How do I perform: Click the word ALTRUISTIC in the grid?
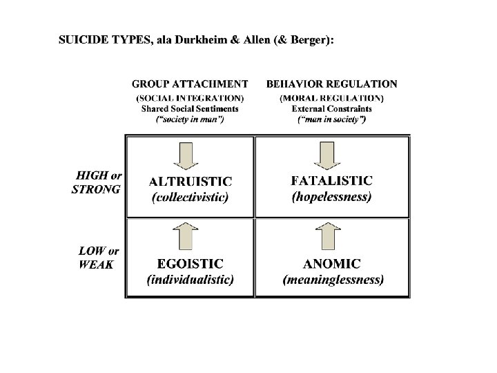191,182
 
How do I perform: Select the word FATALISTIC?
331,181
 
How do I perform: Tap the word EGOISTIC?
190,264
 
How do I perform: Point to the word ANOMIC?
331,264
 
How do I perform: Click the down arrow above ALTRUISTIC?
190,154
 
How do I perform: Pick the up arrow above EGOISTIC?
190,237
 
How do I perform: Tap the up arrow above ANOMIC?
331,237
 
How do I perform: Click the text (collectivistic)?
191,197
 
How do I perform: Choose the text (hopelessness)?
331,196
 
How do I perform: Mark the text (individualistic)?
190,280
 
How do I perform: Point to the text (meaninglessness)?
333,280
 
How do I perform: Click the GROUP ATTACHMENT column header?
190,84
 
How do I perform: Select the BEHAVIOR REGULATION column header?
331,84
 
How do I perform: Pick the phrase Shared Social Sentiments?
190,108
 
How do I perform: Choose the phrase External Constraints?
331,108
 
